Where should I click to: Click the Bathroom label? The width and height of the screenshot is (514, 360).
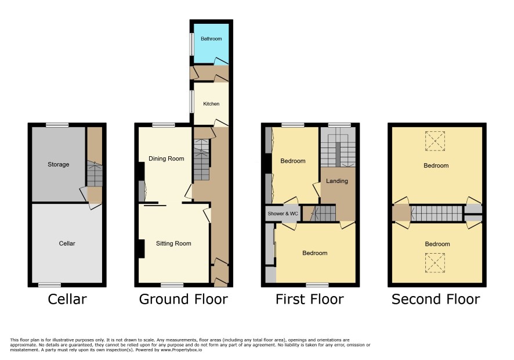coord(211,39)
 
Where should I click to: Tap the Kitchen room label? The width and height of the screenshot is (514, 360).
coord(211,104)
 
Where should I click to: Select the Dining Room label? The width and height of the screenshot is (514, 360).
coord(166,159)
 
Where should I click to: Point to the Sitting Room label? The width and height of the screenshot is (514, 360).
coord(173,243)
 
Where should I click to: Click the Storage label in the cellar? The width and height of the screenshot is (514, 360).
coord(59,164)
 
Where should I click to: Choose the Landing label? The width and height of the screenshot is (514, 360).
coord(337,181)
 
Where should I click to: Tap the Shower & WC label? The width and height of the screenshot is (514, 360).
coord(283,214)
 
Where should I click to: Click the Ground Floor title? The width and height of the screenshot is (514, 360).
coord(183,299)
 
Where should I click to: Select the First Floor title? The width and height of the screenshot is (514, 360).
coord(310,299)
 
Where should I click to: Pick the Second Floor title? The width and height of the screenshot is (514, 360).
coord(436,299)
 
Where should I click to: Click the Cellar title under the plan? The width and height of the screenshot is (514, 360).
coord(67,299)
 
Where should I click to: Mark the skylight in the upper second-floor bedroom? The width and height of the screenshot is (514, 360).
coord(435,141)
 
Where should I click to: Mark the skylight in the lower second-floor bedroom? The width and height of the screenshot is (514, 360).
coord(435,263)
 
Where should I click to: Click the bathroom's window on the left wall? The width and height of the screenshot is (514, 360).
coord(191,44)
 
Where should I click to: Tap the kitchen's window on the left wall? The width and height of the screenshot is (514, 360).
coord(191,102)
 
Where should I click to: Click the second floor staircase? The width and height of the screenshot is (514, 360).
coord(437,213)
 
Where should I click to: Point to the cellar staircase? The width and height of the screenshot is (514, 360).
coord(95,174)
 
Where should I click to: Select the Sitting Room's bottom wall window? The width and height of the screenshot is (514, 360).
coord(172,285)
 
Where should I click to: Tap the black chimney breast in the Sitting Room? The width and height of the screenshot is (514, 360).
coord(142,249)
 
